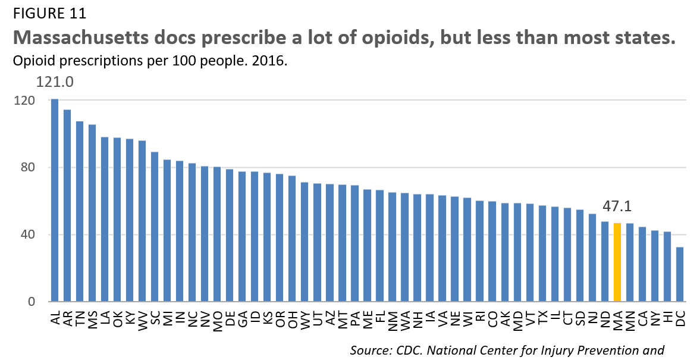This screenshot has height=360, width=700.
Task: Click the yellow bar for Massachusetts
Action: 617,262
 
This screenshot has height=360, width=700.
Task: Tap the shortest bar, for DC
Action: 680,274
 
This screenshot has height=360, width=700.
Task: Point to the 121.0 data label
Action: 55,82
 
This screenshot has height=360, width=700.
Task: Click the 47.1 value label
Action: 617,206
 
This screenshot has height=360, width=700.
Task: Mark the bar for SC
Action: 155,227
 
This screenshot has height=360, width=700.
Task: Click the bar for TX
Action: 542,253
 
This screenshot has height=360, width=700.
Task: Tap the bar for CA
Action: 642,264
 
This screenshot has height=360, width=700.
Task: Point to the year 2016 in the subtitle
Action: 272,61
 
